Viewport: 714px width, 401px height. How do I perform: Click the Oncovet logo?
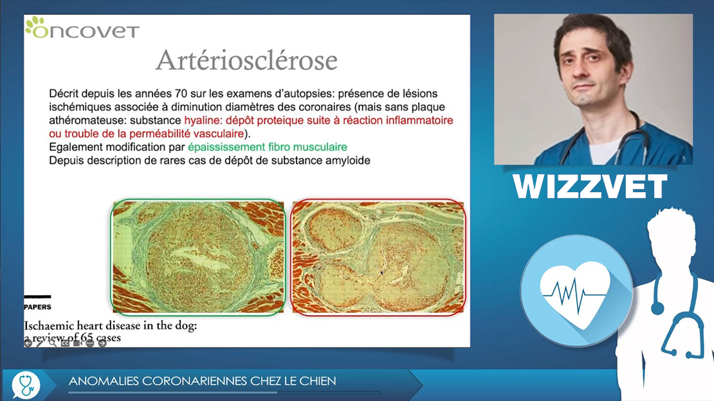click(82, 28)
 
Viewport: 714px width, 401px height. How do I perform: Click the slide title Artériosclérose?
click(246, 60)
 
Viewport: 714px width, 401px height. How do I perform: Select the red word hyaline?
click(203, 121)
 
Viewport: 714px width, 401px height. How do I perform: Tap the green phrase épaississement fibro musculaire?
click(268, 147)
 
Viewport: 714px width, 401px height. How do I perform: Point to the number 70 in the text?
click(181, 94)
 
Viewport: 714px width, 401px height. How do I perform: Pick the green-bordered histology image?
click(198, 257)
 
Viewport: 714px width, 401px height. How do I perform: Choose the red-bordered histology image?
click(378, 257)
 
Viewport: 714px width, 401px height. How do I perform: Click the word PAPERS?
click(37, 307)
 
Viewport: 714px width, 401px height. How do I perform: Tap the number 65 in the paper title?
click(87, 338)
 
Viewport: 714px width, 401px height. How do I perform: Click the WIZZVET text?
click(590, 186)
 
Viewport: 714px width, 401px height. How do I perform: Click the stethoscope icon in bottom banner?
click(26, 386)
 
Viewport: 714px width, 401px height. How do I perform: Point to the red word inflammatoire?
click(419, 121)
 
